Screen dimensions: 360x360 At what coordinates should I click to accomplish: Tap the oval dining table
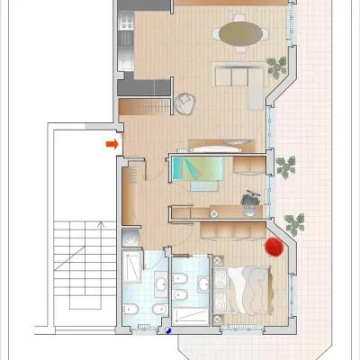[x=242, y=34]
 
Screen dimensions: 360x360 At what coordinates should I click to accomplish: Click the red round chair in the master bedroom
[x=273, y=247]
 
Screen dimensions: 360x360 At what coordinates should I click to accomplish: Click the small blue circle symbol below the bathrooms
[x=168, y=329]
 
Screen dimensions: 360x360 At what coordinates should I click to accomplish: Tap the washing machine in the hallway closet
[x=130, y=238]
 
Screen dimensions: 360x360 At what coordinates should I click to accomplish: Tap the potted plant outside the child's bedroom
[x=287, y=166]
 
